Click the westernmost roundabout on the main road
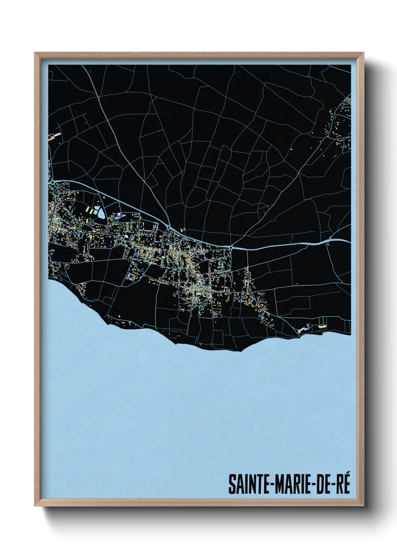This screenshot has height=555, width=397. [x=53, y=182]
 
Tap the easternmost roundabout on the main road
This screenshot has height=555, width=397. [x=231, y=247]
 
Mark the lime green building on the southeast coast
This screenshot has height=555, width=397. [x=321, y=327]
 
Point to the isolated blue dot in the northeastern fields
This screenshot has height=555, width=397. [x=292, y=150]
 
